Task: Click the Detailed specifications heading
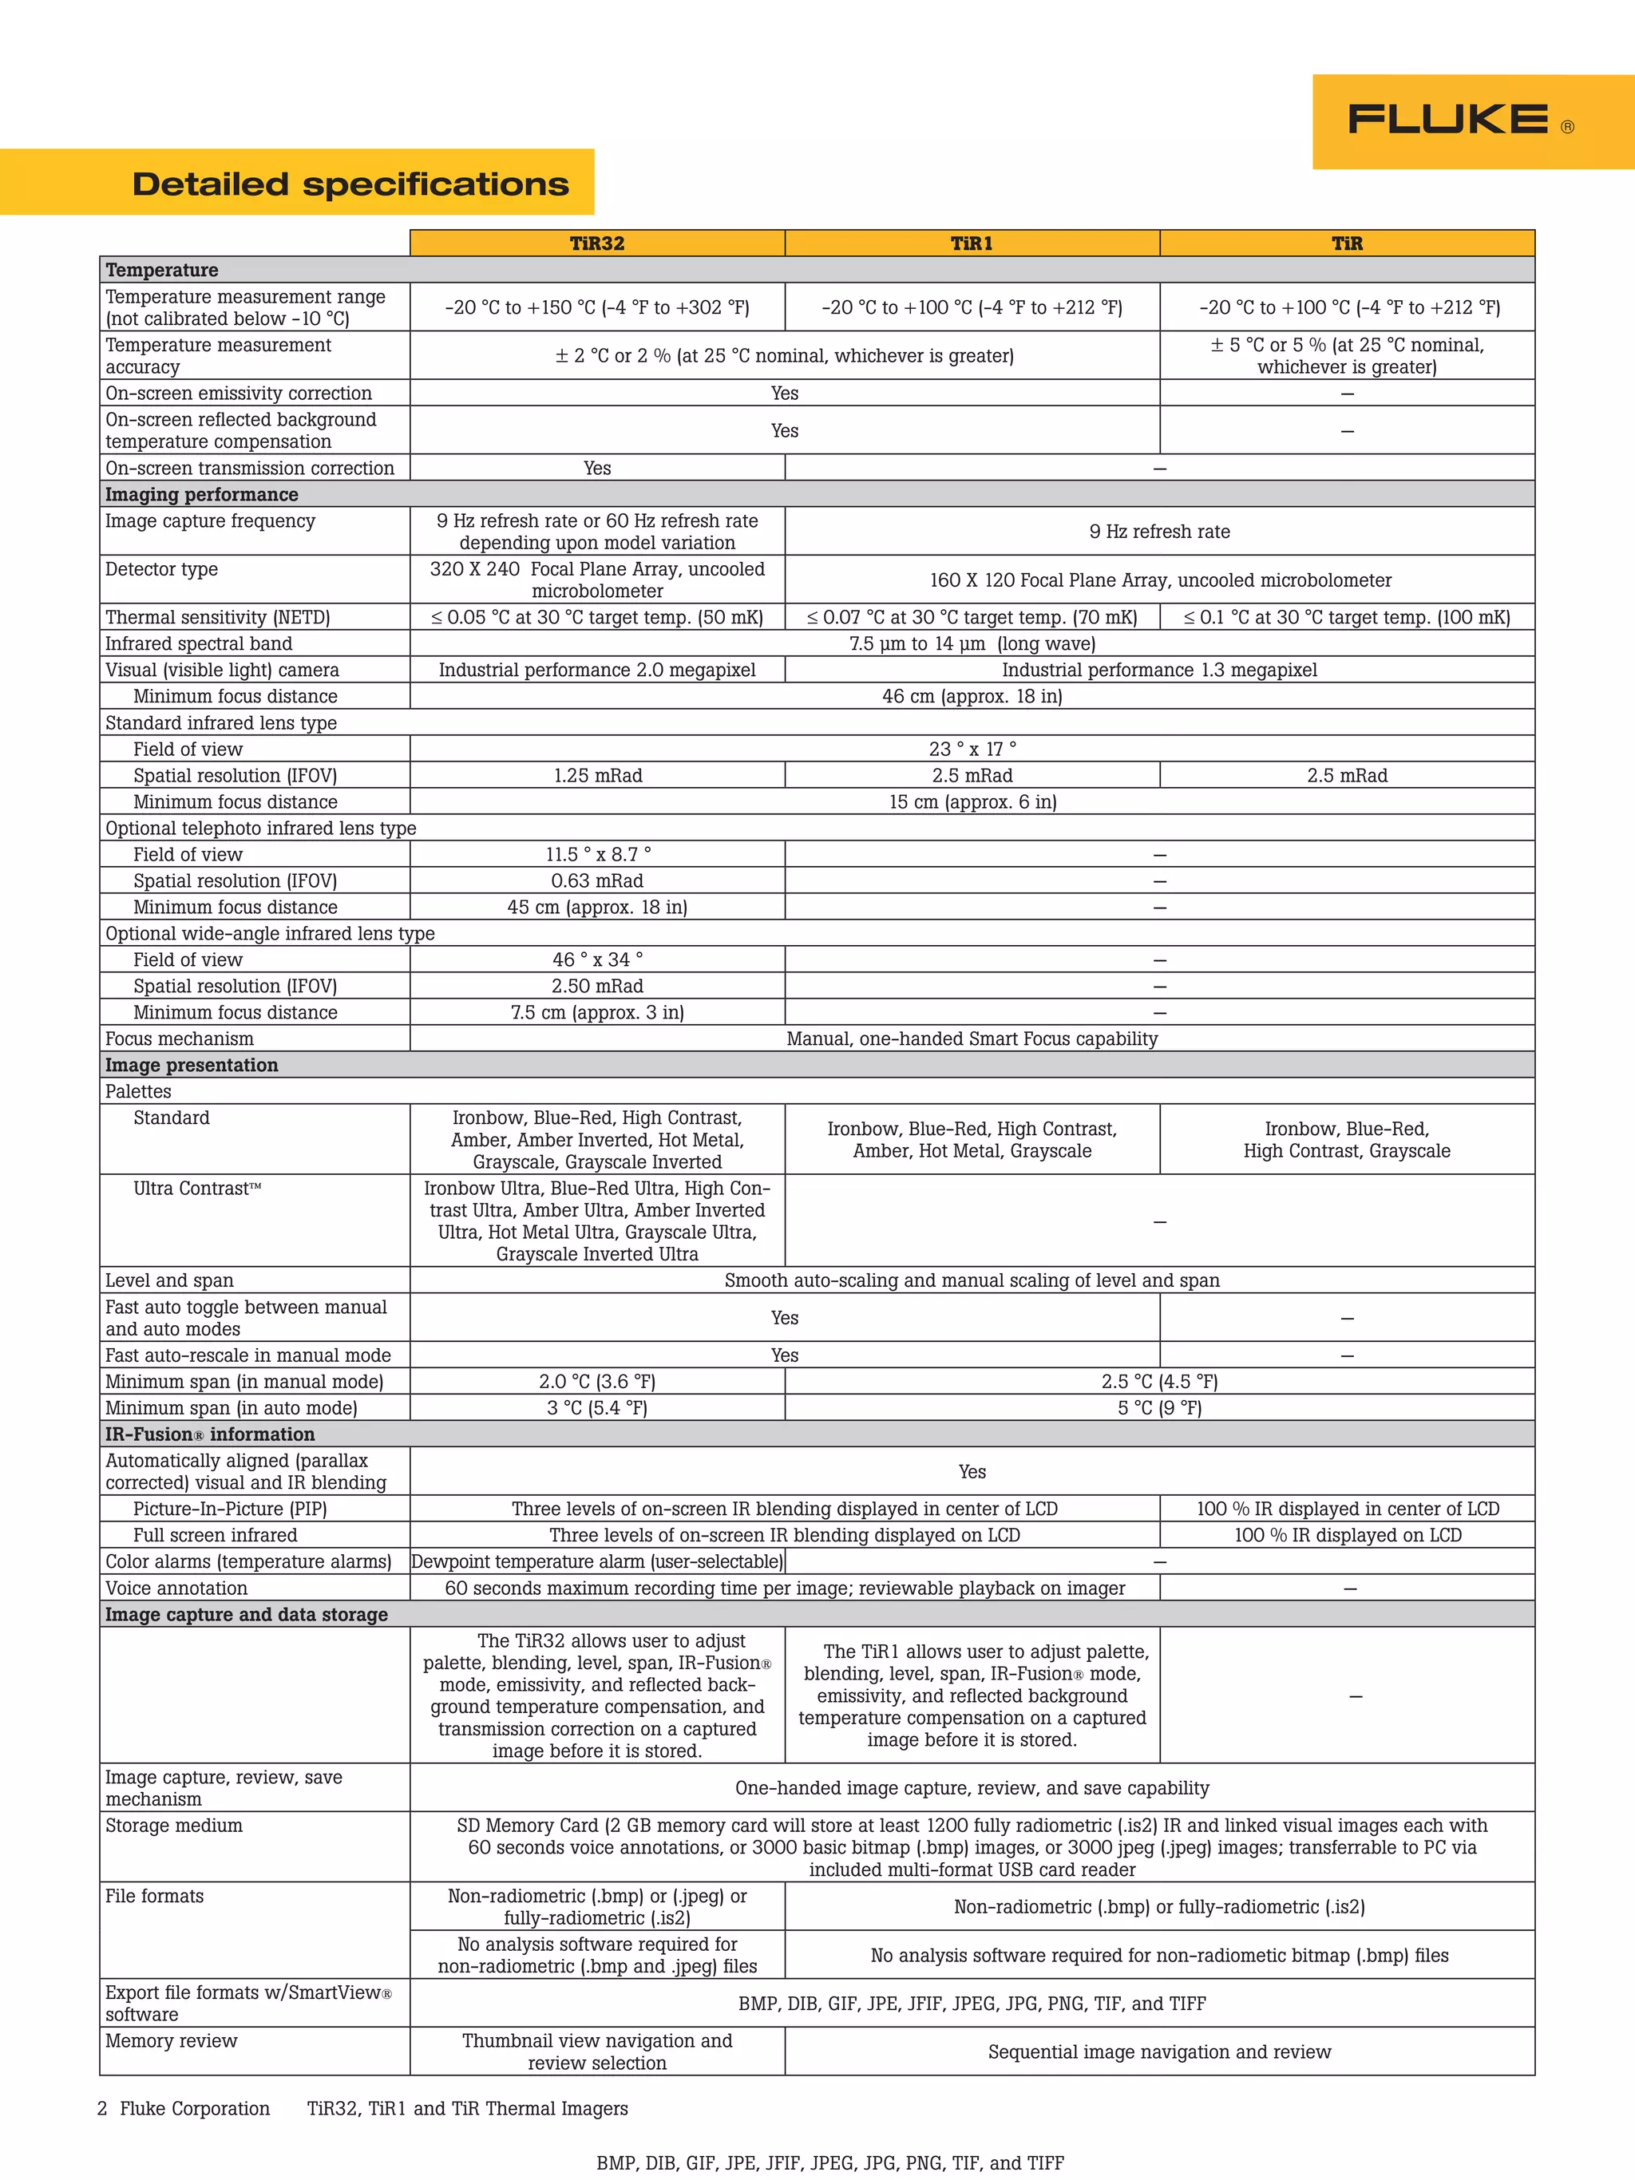[x=350, y=184]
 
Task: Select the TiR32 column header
[x=597, y=243]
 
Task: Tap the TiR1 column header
[x=972, y=243]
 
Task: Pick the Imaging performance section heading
[x=202, y=495]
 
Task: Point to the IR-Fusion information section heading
[x=210, y=1434]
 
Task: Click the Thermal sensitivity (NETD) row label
[x=218, y=617]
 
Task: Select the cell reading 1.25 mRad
[x=597, y=776]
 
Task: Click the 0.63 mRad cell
[x=597, y=881]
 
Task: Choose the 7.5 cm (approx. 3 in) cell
[x=597, y=1012]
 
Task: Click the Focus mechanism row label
[x=180, y=1039]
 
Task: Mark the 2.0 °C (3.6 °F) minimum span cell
[x=597, y=1382]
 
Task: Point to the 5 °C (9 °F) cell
[x=1159, y=1408]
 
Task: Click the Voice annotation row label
[x=176, y=1588]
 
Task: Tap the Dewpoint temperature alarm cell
[x=597, y=1561]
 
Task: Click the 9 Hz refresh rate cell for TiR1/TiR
[x=1159, y=531]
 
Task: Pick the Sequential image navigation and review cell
[x=1159, y=2051]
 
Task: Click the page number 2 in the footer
[x=102, y=2109]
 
